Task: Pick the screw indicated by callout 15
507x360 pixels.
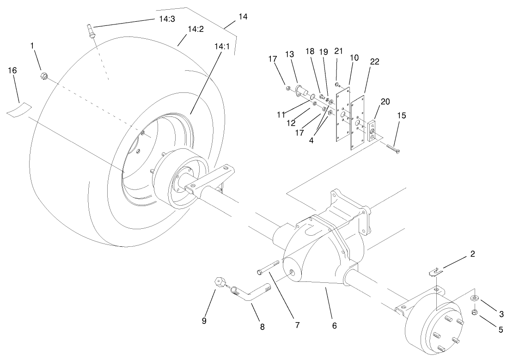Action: click(x=393, y=148)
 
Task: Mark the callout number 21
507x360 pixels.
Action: click(x=338, y=51)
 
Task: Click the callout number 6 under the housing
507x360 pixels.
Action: click(x=334, y=325)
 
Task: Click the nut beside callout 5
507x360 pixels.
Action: click(x=475, y=313)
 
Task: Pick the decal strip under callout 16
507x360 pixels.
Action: click(x=18, y=110)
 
